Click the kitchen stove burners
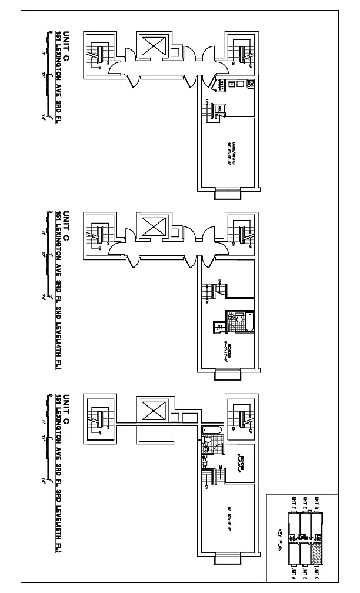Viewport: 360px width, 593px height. pos(249,84)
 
